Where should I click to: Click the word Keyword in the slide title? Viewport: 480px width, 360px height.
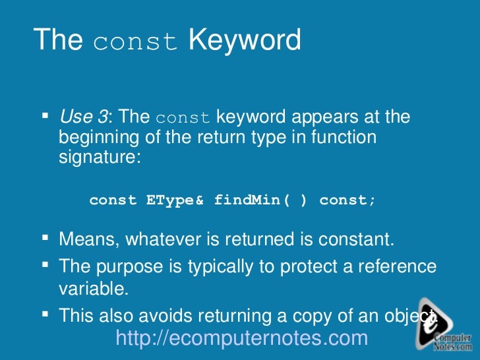pyautogui.click(x=245, y=40)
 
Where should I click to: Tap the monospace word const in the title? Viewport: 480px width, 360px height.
pyautogui.click(x=135, y=42)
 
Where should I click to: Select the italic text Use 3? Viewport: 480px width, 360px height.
pyautogui.click(x=83, y=117)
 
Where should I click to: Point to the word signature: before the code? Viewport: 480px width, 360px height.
pyautogui.click(x=100, y=158)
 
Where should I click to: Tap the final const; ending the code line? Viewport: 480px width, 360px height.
pyautogui.click(x=347, y=200)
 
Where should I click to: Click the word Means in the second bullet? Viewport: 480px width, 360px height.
pyautogui.click(x=84, y=240)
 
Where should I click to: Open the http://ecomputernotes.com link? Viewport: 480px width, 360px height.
pyautogui.click(x=241, y=338)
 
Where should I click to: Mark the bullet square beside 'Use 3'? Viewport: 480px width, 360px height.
pyautogui.click(x=45, y=116)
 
